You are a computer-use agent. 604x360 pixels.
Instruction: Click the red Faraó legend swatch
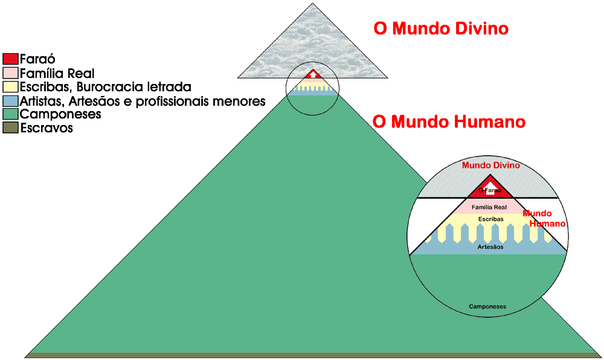click(10, 59)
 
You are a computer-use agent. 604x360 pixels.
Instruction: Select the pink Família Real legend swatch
click(10, 73)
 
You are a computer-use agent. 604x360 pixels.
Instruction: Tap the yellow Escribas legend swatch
click(10, 87)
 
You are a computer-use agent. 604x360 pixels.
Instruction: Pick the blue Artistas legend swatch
click(10, 100)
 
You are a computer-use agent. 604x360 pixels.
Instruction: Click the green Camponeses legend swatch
click(10, 114)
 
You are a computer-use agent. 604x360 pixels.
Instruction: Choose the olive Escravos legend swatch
click(10, 127)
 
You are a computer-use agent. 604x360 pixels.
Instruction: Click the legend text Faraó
click(37, 59)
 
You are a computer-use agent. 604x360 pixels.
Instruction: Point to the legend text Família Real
click(57, 73)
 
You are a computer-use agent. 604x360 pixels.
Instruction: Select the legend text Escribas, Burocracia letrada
click(106, 87)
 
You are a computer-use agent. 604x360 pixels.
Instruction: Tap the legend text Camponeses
click(60, 114)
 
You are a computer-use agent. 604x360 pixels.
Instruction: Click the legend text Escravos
click(47, 128)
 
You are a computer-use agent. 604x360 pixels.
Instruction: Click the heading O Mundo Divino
click(441, 28)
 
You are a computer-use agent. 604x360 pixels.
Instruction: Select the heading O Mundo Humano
click(449, 122)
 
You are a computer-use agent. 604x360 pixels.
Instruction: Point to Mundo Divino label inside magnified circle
click(490, 165)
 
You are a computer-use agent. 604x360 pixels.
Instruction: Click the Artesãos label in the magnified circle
click(489, 246)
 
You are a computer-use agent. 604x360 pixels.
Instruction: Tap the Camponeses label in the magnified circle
click(487, 307)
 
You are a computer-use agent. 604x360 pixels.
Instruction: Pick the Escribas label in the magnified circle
click(490, 219)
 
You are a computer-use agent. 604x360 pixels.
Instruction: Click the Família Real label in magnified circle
click(489, 207)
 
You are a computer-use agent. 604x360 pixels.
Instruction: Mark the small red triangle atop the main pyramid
click(312, 75)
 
